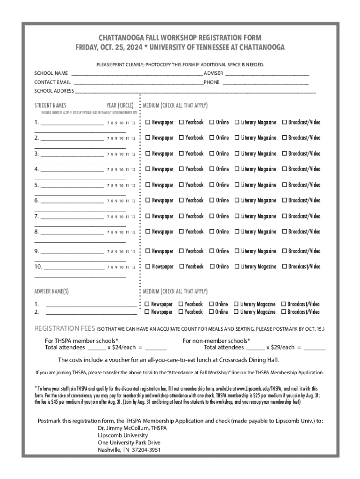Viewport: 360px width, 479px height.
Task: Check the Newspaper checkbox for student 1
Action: [148, 123]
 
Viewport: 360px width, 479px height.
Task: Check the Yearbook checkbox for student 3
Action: [181, 153]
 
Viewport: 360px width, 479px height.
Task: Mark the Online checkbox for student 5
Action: [211, 185]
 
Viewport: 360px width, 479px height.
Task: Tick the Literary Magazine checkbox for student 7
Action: [237, 216]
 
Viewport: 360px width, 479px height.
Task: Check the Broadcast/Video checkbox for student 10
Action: [284, 267]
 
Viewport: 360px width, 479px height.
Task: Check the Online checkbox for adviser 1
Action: [211, 304]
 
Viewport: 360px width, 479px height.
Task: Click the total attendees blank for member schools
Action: [97, 348]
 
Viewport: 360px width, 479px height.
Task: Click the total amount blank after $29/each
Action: [315, 348]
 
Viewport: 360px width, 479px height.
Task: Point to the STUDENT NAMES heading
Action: [50, 105]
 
